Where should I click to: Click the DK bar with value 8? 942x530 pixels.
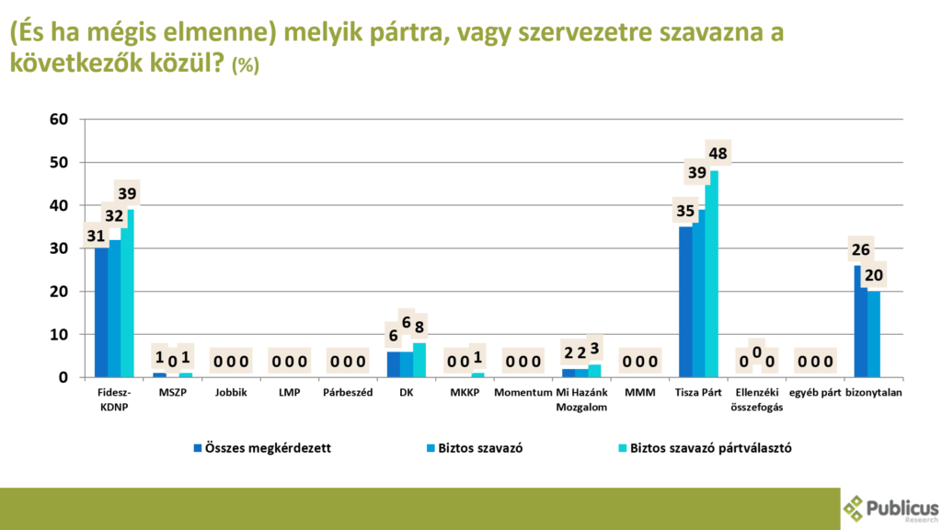coord(419,360)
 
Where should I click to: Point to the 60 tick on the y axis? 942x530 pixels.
coord(58,119)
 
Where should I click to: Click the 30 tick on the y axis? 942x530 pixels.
coord(58,248)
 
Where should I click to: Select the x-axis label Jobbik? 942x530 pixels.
coord(230,393)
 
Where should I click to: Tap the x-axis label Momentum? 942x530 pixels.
coord(522,393)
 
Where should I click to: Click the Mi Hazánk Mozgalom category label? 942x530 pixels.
coord(580,399)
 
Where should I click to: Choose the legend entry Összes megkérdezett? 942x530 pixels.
coord(262,448)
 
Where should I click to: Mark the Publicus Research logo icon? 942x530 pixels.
coord(855,508)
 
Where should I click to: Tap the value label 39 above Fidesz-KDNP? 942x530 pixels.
coord(127,193)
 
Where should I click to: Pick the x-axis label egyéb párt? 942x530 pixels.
coord(814,393)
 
